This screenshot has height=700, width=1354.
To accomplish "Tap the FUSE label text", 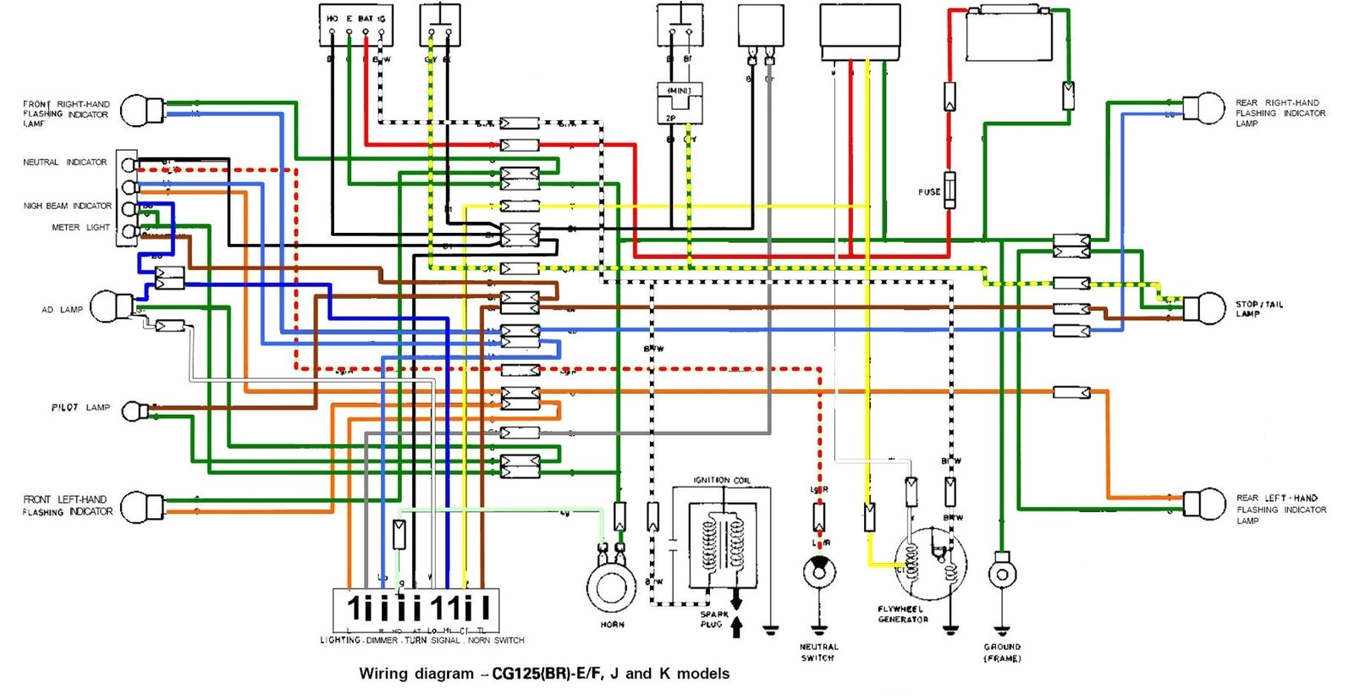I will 929,192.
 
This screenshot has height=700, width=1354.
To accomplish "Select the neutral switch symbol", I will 819,572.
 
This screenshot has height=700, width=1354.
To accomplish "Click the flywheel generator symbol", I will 931,563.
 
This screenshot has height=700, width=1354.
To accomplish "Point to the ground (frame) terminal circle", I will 1002,574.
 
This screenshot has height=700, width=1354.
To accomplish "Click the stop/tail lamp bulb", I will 1203,309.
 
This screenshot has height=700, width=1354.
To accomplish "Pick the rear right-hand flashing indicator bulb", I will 1203,108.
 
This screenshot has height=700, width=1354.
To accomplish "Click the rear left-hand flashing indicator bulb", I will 1203,504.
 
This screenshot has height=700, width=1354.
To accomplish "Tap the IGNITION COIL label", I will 722,480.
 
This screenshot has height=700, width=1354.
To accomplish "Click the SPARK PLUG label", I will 713,620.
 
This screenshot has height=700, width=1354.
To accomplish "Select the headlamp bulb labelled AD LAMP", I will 110,307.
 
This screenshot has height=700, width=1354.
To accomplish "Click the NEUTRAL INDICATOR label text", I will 65,162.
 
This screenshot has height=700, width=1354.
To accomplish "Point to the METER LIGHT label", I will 80,228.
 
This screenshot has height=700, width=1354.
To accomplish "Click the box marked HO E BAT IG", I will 355,25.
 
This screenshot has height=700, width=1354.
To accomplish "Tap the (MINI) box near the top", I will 680,91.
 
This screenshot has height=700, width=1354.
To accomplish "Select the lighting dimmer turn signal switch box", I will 416,609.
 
